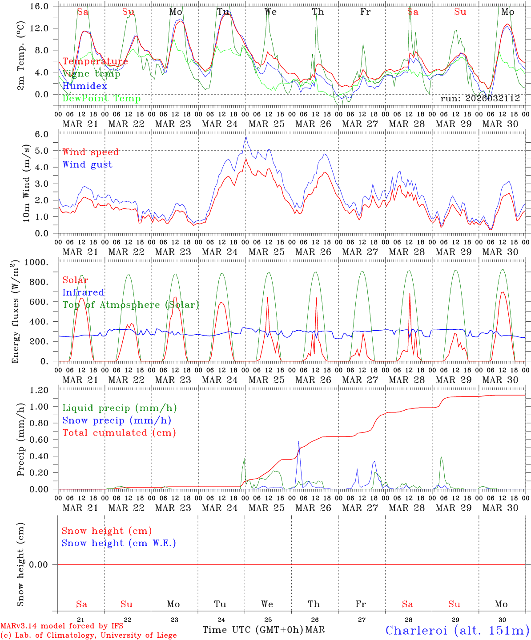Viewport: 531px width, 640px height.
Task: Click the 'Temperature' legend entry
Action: [x=95, y=61]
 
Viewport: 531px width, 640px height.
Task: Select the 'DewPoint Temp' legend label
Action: [x=101, y=98]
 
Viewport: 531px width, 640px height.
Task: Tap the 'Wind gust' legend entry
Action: [x=87, y=164]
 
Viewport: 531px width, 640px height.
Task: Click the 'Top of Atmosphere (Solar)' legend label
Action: [x=131, y=305]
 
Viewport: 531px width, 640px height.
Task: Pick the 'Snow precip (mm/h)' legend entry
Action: [x=117, y=420]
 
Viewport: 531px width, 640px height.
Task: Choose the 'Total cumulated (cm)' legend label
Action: [x=119, y=432]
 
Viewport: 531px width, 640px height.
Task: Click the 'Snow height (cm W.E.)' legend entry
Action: [x=119, y=543]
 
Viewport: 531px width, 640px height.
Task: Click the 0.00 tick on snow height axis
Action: [x=44, y=564]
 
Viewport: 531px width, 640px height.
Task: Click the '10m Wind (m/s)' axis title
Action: [x=26, y=183]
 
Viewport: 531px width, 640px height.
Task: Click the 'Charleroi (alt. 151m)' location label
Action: [x=457, y=630]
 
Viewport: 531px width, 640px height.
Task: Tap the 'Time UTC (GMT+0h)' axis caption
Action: [x=253, y=630]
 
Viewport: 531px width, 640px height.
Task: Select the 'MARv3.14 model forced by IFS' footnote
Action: [x=62, y=626]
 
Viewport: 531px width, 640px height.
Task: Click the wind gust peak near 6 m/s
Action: [x=245, y=137]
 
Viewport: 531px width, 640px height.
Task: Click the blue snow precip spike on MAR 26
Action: [x=299, y=441]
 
